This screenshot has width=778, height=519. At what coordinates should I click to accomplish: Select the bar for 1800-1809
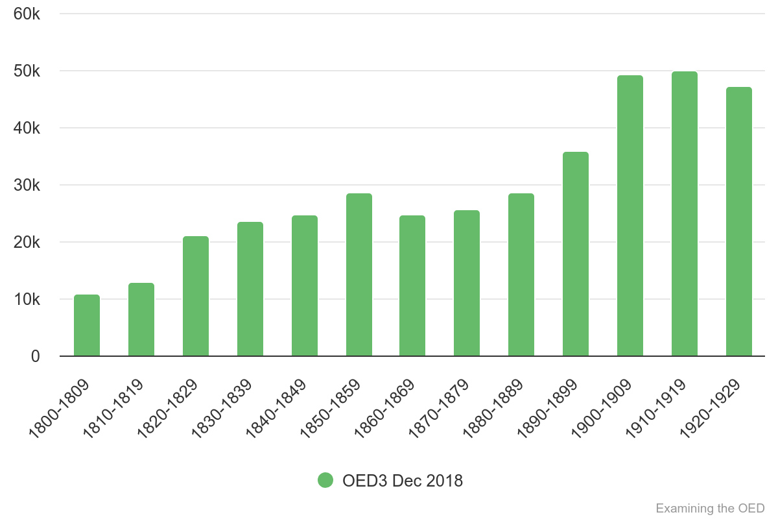point(87,326)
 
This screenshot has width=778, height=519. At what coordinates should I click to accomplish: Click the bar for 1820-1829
point(196,296)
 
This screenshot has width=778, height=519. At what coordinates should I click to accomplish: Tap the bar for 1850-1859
point(359,275)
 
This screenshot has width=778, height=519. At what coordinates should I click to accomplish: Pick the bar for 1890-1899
point(576,254)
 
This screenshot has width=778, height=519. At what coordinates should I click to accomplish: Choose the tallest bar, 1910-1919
point(685,214)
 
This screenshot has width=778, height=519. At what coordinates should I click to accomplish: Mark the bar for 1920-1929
point(739,222)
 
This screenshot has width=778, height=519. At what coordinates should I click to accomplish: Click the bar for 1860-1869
point(412,286)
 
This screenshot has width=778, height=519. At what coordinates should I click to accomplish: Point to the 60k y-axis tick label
point(27,14)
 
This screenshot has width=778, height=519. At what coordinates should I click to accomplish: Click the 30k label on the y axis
point(27,186)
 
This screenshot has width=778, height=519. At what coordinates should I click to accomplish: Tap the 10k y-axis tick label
point(27,300)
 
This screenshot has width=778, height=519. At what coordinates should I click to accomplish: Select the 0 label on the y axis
point(35,357)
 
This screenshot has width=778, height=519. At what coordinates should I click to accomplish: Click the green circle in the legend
point(325,481)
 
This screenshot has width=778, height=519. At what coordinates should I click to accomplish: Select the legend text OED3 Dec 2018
point(403,481)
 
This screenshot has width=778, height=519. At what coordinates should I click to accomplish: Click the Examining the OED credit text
point(710,507)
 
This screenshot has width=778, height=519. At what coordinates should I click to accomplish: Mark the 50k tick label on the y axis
point(27,71)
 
